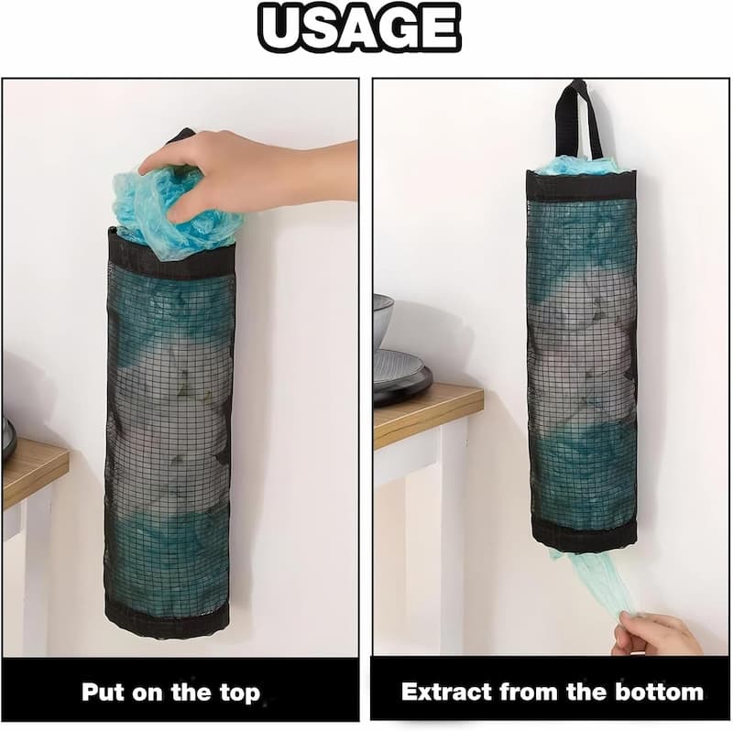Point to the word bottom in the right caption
click(x=658, y=691)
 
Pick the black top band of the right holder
click(x=581, y=186)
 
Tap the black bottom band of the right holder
click(x=583, y=535)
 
